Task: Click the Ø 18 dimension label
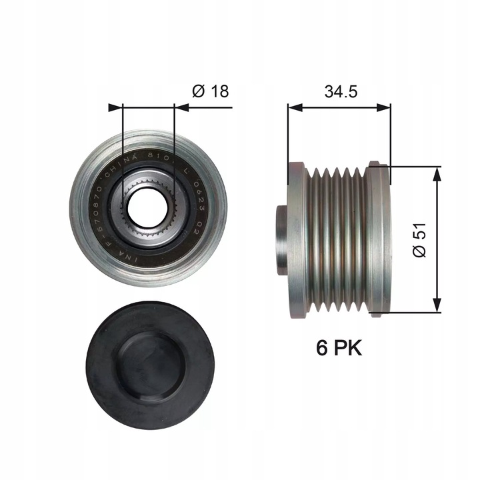[210, 91]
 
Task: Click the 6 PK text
[339, 347]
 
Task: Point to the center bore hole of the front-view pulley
[148, 209]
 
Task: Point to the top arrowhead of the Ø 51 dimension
[437, 172]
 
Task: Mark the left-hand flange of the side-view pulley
[297, 240]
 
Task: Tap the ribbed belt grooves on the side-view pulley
[337, 240]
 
